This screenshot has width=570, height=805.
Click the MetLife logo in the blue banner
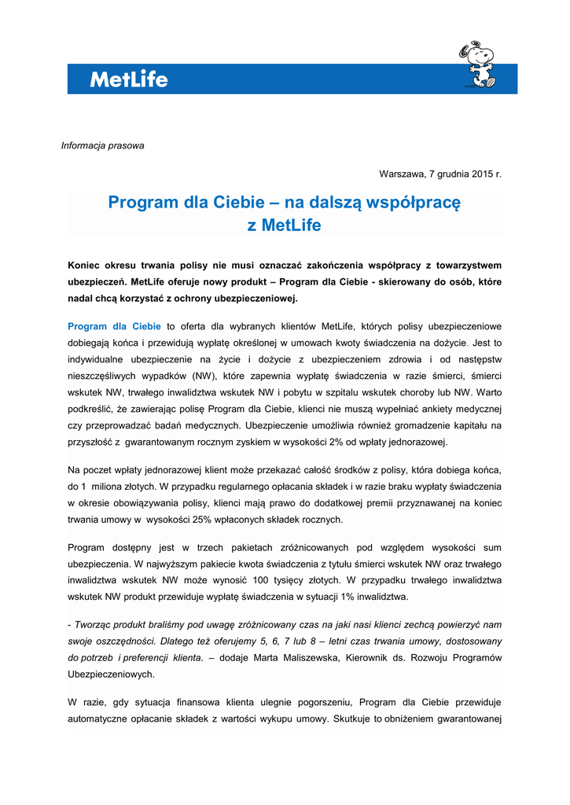pos(128,79)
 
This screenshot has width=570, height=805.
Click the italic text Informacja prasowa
pos(102,145)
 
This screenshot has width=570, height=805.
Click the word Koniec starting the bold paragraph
pos(86,266)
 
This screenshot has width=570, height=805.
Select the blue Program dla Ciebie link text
pos(115,326)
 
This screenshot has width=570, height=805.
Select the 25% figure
pos(194,519)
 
